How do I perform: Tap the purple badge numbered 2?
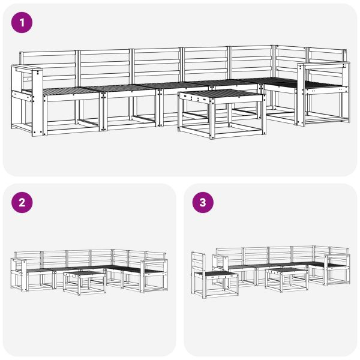click(x=22, y=202)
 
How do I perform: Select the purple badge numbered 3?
click(x=202, y=202)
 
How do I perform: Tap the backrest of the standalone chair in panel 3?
click(x=197, y=262)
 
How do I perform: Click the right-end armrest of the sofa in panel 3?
click(x=337, y=257)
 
